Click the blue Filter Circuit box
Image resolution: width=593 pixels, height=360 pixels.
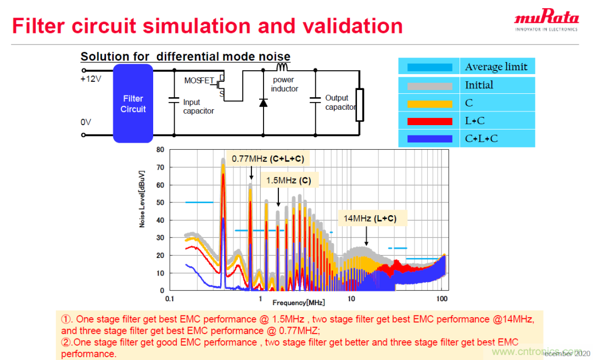click(133, 103)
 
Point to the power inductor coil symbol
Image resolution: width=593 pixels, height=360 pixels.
click(282, 67)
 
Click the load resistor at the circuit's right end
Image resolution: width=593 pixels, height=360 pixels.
click(360, 104)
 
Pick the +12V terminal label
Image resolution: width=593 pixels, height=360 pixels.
click(91, 79)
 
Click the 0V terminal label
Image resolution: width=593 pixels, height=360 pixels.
click(86, 122)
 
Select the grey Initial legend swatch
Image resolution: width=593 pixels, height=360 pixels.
click(430, 86)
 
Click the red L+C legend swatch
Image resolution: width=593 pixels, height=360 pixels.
click(430, 121)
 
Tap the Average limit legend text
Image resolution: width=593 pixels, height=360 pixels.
click(496, 67)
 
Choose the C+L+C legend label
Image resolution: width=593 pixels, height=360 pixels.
click(481, 138)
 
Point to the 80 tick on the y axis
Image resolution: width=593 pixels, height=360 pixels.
click(160, 149)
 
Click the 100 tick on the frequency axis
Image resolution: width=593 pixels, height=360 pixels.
click(441, 299)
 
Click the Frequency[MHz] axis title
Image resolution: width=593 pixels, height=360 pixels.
click(299, 302)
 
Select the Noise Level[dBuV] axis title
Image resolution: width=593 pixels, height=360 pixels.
click(142, 199)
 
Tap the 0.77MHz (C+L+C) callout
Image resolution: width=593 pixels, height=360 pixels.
click(267, 159)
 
